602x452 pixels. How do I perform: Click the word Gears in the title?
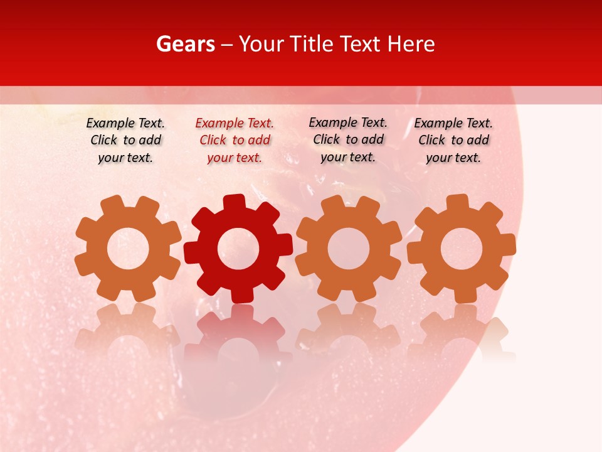pos(185,44)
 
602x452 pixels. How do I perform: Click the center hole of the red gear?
pos(238,249)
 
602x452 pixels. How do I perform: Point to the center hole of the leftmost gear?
pos(128,249)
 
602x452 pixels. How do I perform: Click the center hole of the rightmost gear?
pos(462,249)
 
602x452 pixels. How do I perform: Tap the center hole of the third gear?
pos(349,249)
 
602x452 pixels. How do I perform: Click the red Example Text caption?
pos(235,141)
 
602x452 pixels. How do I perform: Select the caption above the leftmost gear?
pos(125,141)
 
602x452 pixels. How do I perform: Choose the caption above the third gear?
pos(348,139)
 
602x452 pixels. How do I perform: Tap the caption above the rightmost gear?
pos(453,141)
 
